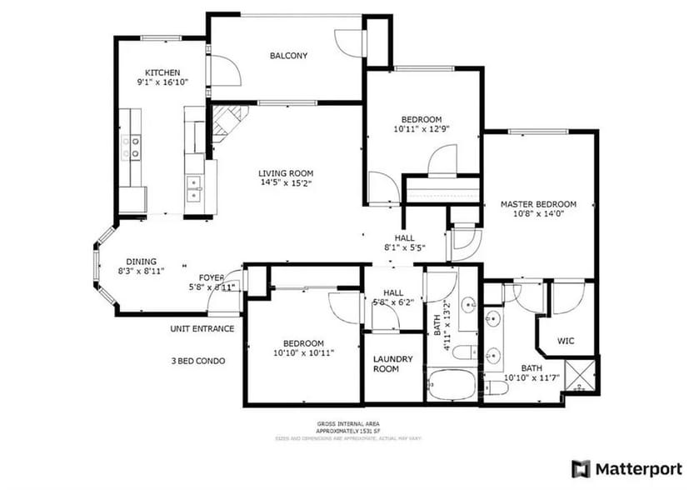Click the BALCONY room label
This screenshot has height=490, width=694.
288,56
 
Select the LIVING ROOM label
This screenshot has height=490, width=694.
286,172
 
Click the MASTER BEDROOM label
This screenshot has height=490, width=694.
538,204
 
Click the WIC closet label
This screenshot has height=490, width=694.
566,340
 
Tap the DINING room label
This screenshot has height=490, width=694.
141,261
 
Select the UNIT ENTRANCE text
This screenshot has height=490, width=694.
202,328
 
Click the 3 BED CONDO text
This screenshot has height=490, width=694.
197,361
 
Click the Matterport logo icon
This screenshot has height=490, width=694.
581,468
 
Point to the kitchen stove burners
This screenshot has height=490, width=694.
132,147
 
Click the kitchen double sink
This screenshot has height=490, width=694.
194,188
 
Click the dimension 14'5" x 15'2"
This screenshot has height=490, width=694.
286,182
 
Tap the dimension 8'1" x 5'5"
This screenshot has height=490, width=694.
405,247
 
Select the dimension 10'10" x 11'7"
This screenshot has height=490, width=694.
532,378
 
